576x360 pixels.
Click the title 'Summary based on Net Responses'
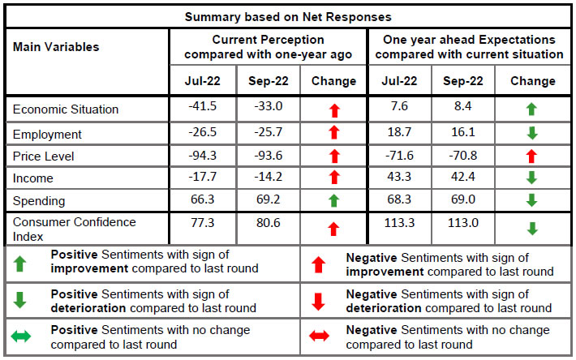(x=287, y=16)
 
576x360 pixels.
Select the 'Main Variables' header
(x=56, y=47)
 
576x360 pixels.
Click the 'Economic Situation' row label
(x=66, y=109)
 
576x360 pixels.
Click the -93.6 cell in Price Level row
(x=267, y=156)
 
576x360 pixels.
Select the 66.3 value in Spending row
(x=203, y=199)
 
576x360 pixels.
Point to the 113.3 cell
(x=401, y=228)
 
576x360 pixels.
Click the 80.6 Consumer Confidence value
(x=267, y=228)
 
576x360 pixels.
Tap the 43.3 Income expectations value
(x=401, y=178)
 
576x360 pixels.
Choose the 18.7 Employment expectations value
(x=401, y=132)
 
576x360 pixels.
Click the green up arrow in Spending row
(x=333, y=200)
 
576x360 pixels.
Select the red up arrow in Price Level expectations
(x=532, y=156)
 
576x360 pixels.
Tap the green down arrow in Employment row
(x=532, y=133)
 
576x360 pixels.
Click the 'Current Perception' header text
(x=267, y=46)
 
